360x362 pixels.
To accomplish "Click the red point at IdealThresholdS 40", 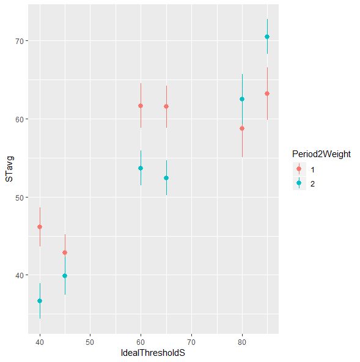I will (40, 227).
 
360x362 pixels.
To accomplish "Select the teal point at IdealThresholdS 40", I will (40, 301).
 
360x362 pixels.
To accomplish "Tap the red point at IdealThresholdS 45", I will (65, 253).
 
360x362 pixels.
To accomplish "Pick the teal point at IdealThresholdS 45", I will (65, 276).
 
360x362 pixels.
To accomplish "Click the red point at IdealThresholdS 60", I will (141, 106).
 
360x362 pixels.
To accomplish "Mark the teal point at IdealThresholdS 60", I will (141, 168).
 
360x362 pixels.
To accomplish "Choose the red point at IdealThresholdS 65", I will (166, 106).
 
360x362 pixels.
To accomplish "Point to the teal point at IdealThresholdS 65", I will (166, 178).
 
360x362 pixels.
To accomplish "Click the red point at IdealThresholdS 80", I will (242, 128).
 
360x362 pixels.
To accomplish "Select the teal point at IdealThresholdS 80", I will (242, 99).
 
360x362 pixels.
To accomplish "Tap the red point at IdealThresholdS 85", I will (267, 94).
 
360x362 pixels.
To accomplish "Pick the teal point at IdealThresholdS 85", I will (267, 37).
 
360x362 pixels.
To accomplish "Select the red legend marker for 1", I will (298, 169).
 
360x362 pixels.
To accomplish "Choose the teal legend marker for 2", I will (298, 183).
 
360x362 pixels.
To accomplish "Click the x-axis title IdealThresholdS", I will (153, 354).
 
